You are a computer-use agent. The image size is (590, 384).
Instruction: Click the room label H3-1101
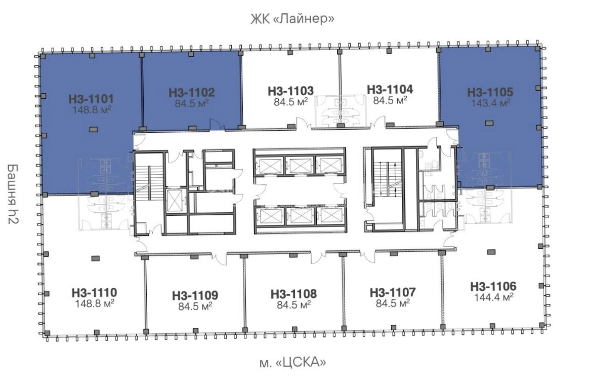(91, 99)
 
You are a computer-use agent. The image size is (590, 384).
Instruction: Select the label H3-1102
(192, 92)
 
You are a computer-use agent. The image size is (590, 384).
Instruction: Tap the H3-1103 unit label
(290, 91)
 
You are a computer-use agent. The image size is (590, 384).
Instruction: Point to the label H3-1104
(390, 89)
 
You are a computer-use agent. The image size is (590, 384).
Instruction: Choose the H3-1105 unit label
(490, 92)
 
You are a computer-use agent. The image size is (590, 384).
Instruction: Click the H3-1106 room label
(493, 286)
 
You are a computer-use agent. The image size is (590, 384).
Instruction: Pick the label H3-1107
(393, 292)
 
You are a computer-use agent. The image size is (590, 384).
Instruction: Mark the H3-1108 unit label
(293, 293)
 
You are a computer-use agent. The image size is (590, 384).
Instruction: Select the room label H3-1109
(195, 295)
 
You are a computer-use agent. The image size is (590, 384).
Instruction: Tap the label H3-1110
(94, 292)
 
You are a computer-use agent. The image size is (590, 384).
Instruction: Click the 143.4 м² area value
(491, 102)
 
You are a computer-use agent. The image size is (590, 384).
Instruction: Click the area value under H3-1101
(92, 109)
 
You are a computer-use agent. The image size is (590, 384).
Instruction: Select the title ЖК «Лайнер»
(292, 18)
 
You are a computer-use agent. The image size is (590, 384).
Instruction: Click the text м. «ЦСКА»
(293, 363)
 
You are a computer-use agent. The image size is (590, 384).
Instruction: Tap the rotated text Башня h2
(13, 194)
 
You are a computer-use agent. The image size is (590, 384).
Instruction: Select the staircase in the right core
(388, 179)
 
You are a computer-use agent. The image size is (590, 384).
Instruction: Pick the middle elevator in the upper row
(299, 166)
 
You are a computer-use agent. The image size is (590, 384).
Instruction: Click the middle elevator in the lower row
(300, 216)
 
